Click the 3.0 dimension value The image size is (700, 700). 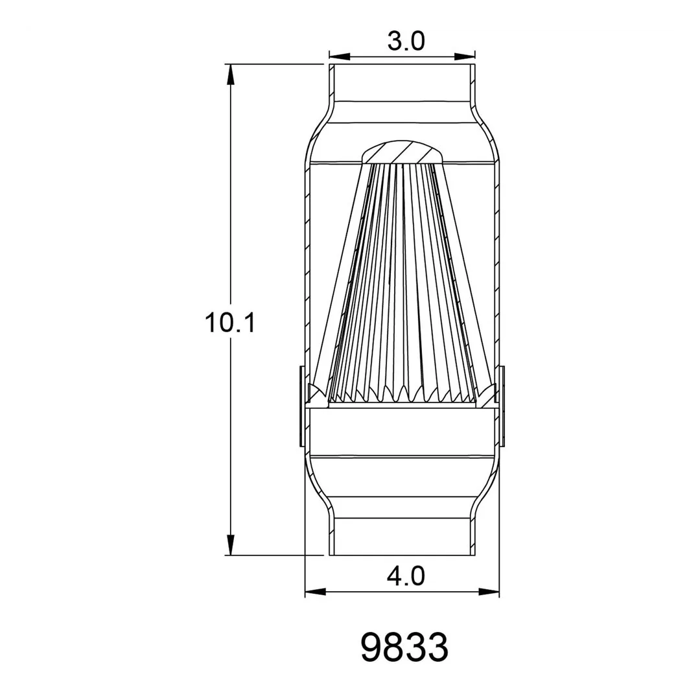tap(406, 41)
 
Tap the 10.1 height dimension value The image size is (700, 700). tap(230, 322)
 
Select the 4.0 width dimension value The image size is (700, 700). tap(406, 575)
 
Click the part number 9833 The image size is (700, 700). tap(404, 647)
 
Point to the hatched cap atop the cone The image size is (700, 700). tap(402, 153)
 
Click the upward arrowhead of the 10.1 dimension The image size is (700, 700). tap(230, 73)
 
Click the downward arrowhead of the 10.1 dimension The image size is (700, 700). tap(230, 546)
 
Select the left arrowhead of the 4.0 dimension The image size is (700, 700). tap(314, 591)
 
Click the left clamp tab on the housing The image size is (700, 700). tap(301, 406)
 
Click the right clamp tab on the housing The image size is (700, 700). tap(503, 406)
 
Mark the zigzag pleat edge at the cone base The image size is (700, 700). tap(402, 393)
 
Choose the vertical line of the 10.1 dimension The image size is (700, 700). tap(230, 194)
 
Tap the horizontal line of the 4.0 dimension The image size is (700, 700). tap(363, 591)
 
